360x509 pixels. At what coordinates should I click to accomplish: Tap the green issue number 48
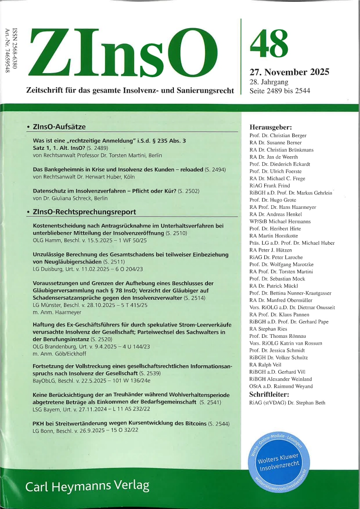click(x=269, y=42)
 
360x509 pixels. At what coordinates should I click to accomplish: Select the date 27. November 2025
click(x=289, y=72)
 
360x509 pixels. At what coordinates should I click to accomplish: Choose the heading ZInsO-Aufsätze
click(x=59, y=127)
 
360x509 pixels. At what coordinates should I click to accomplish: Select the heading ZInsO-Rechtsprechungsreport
click(x=84, y=212)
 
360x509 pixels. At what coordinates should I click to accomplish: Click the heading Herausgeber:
click(x=271, y=127)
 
